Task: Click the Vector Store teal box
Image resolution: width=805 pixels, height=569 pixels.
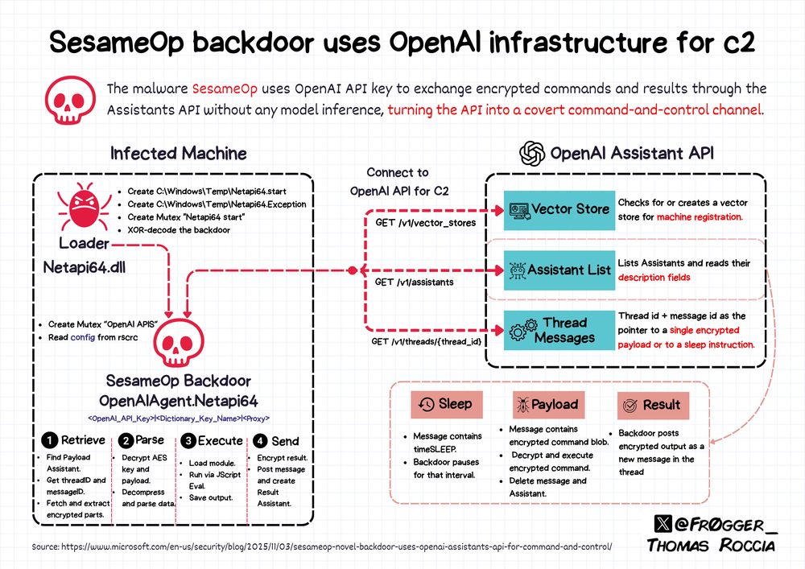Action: click(x=558, y=209)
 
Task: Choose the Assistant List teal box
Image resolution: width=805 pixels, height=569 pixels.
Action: click(x=558, y=270)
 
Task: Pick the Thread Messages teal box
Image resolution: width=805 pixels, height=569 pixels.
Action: click(x=558, y=330)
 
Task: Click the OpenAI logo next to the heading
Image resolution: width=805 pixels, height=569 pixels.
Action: click(x=532, y=153)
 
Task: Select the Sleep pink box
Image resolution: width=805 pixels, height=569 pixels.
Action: click(x=445, y=404)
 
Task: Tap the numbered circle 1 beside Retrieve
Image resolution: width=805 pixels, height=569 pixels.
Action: click(x=49, y=440)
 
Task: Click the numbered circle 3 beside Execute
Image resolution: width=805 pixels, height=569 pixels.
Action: click(x=188, y=440)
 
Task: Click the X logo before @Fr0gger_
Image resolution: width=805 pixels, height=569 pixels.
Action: click(x=661, y=523)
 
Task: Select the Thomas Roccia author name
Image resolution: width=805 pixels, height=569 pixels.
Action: click(x=712, y=546)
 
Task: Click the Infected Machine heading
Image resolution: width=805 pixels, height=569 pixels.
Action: click(x=179, y=153)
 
